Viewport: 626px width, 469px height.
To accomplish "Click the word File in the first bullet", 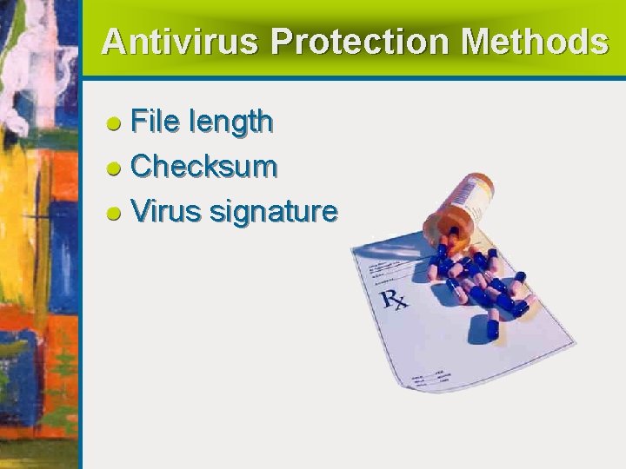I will [x=155, y=122].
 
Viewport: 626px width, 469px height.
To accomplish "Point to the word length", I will [x=230, y=123].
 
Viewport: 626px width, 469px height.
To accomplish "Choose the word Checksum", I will [x=204, y=166].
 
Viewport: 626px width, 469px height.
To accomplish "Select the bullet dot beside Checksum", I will [x=113, y=168].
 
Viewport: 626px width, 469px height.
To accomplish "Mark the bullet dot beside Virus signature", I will [x=113, y=213].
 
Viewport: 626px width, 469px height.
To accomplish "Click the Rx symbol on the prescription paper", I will [x=393, y=301].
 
